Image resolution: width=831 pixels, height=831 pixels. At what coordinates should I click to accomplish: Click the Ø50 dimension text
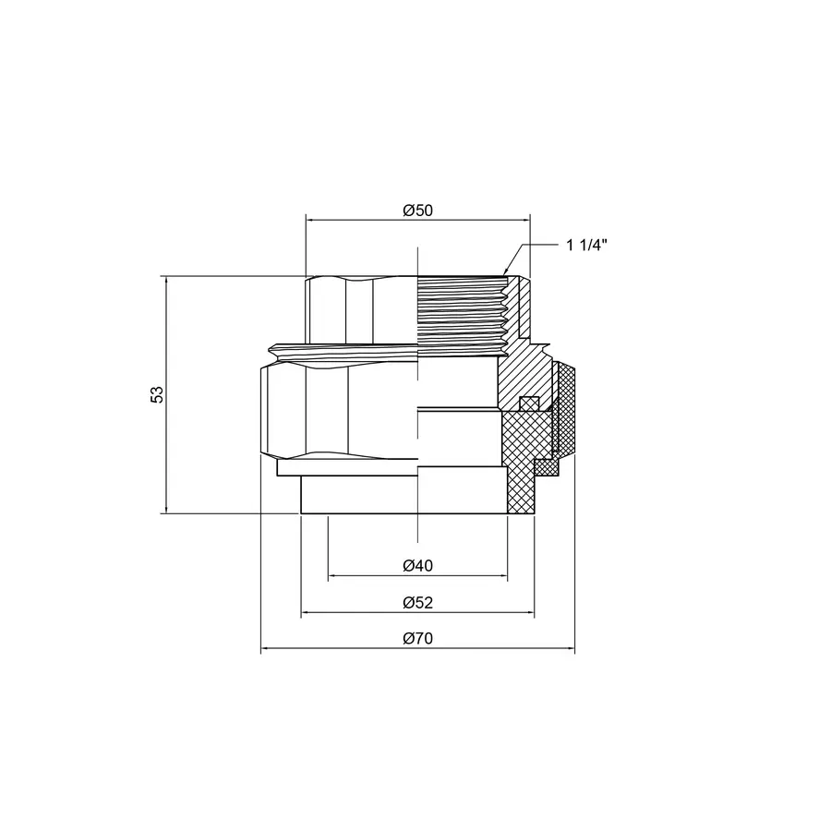point(417,210)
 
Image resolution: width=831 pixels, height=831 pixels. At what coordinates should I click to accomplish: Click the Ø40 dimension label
point(417,565)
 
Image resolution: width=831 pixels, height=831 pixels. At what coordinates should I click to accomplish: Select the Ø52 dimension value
point(417,603)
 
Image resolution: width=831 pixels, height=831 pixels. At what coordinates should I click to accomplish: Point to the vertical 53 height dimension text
point(157,394)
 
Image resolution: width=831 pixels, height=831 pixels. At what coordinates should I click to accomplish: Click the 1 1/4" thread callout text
point(586,246)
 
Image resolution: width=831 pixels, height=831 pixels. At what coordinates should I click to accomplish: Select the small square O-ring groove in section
point(528,403)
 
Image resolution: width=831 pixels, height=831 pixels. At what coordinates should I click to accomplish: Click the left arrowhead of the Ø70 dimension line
point(266,650)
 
